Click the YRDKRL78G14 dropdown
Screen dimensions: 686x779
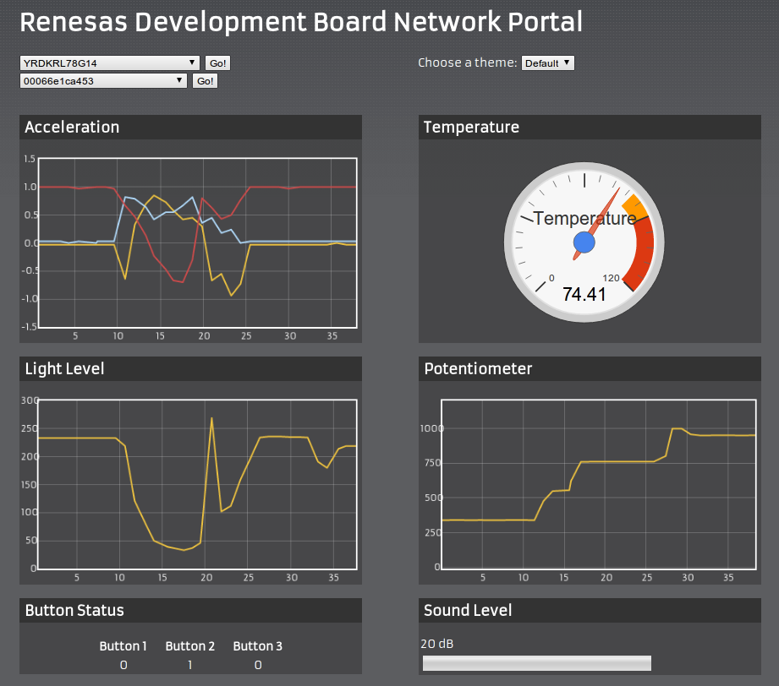click(x=110, y=63)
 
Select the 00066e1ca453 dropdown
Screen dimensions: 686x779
click(x=103, y=81)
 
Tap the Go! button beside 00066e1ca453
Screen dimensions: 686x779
click(x=205, y=81)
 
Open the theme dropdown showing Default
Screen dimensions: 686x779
click(x=547, y=63)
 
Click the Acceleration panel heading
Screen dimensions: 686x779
click(x=72, y=128)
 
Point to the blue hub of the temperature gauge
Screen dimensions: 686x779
click(x=584, y=243)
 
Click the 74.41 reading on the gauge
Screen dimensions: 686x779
click(x=584, y=294)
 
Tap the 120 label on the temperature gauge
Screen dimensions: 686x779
click(x=612, y=278)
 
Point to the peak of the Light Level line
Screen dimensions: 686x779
click(x=211, y=417)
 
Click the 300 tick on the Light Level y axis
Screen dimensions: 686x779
click(x=30, y=400)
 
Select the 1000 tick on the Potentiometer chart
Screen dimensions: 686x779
click(x=431, y=428)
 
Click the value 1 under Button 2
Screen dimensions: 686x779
click(x=189, y=665)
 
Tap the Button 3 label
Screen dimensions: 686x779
click(x=258, y=646)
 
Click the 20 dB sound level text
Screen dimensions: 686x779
click(x=437, y=644)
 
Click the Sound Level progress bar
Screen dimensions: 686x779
click(x=536, y=663)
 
